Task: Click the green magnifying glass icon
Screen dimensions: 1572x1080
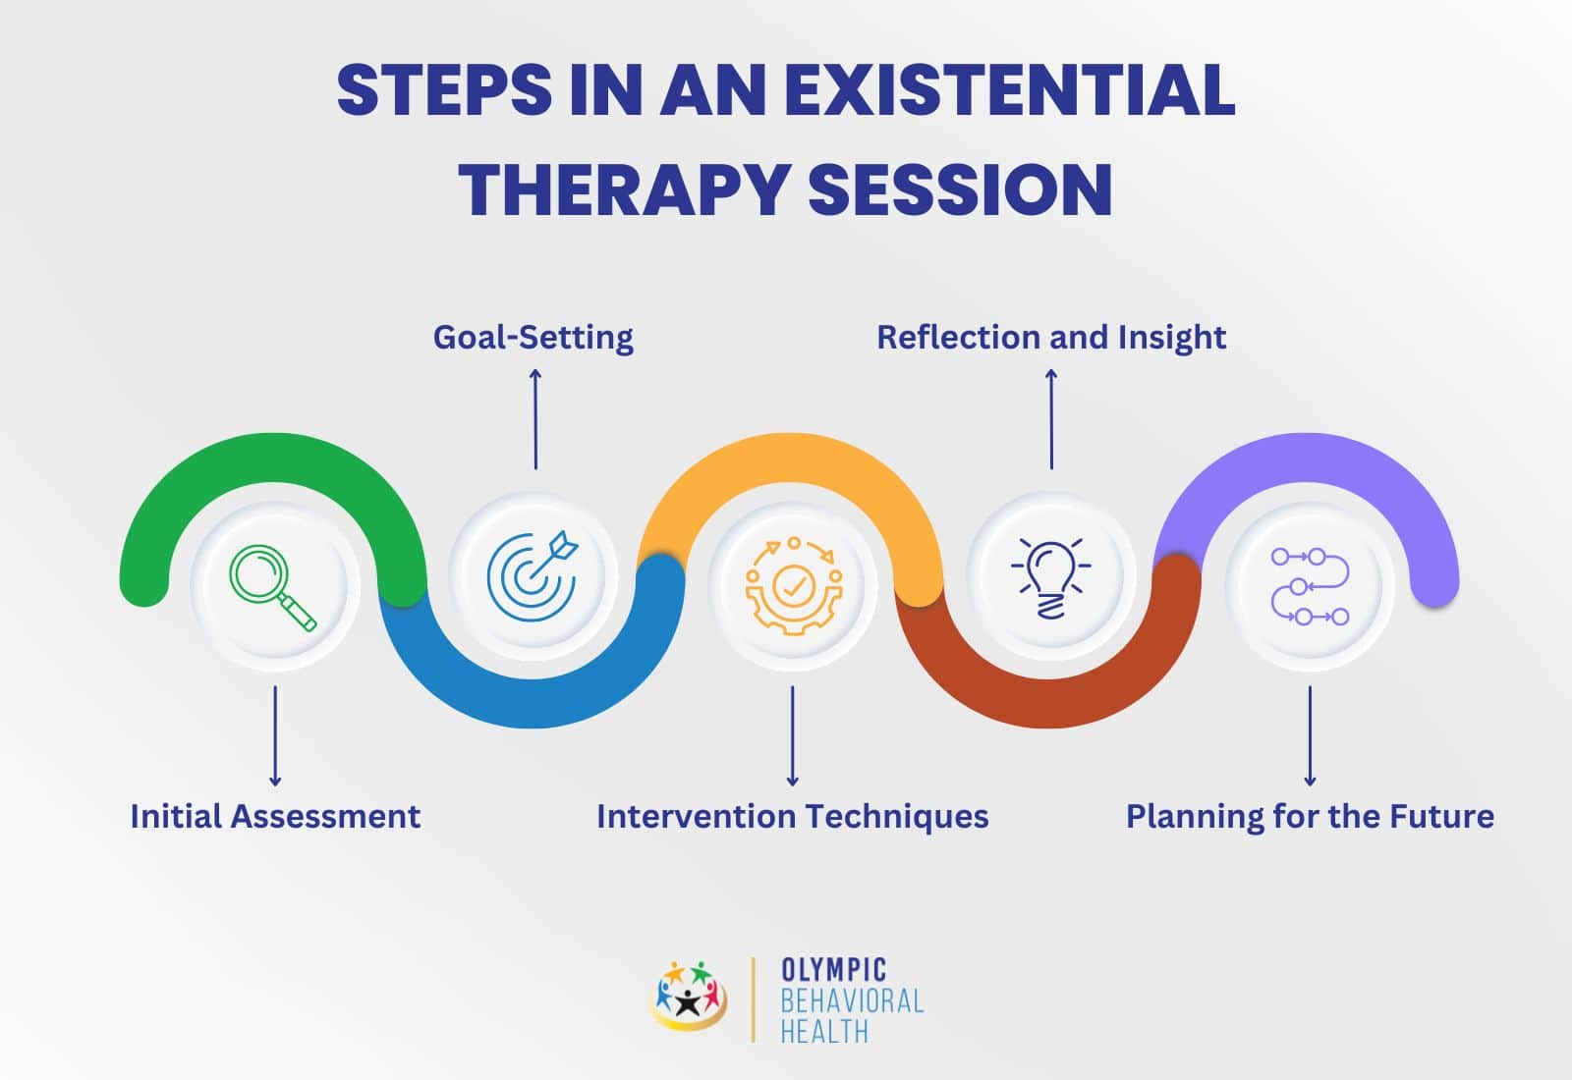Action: (x=273, y=588)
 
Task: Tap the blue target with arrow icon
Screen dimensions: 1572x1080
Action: (x=533, y=576)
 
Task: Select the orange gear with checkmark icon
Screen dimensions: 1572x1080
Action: (x=794, y=586)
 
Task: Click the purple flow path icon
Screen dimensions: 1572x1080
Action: (x=1311, y=586)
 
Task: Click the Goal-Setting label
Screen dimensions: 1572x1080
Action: (x=533, y=338)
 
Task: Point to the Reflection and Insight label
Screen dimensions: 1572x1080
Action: (x=1051, y=338)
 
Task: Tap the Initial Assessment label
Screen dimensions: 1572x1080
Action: (x=275, y=816)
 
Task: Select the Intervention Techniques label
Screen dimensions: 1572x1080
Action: (x=792, y=817)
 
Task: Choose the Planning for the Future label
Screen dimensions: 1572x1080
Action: (x=1311, y=817)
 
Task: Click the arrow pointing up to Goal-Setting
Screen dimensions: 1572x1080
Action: (x=535, y=418)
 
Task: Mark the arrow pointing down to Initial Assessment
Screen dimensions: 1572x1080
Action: (x=275, y=735)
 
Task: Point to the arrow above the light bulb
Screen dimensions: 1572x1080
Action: (x=1051, y=418)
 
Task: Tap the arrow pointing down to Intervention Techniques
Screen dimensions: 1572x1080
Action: (x=793, y=735)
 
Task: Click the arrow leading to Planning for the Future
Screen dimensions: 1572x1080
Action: (x=1310, y=735)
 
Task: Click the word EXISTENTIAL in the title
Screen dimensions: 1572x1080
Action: (x=1009, y=89)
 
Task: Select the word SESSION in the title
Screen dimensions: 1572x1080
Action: (x=961, y=189)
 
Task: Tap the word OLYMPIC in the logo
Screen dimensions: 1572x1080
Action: (x=834, y=970)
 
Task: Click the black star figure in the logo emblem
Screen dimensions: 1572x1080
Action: (x=689, y=1002)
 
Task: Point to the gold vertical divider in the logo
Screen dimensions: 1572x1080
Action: (x=753, y=999)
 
